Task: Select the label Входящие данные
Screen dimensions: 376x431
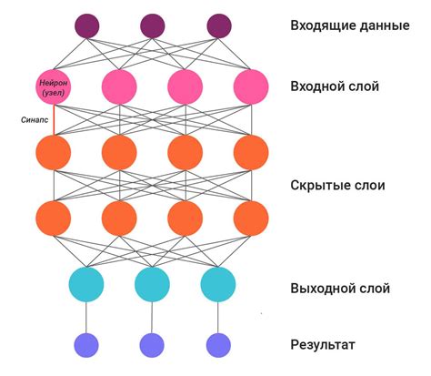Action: point(348,25)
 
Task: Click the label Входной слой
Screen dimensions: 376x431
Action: point(334,86)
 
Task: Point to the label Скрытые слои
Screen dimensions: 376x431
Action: point(337,185)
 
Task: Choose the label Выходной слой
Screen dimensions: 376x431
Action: point(339,289)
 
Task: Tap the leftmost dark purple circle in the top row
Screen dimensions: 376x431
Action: point(87,25)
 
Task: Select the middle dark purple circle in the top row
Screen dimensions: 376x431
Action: point(153,25)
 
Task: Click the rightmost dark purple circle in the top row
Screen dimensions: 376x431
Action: point(218,25)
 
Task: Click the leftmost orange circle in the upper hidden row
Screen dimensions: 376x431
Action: point(54,152)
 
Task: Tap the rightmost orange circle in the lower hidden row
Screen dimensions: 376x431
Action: point(251,218)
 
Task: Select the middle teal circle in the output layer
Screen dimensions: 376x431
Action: point(153,284)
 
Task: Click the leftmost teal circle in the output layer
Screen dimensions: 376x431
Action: point(87,284)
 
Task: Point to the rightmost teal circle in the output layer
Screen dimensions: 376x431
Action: point(218,284)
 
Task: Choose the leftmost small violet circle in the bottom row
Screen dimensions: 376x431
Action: point(87,344)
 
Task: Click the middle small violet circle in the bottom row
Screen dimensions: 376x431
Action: point(153,344)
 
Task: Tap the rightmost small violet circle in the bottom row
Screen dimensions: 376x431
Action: point(218,344)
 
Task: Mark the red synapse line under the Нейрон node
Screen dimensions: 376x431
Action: point(54,119)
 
